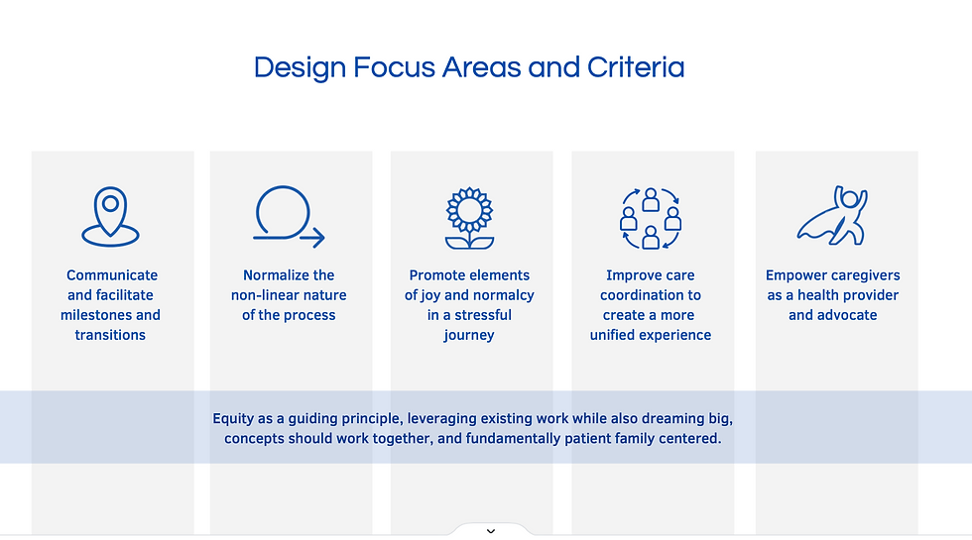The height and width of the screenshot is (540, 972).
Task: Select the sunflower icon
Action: tap(469, 218)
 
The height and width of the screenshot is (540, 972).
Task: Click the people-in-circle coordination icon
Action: tap(651, 219)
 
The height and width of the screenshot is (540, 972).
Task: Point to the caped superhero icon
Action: tap(832, 216)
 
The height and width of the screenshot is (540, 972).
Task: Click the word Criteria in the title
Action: tap(636, 67)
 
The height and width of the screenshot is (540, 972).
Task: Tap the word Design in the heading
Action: tap(300, 68)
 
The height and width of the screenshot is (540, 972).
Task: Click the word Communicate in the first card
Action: tap(112, 275)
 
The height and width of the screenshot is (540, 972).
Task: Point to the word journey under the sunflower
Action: tap(469, 336)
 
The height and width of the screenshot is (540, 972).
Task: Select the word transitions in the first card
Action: tap(110, 335)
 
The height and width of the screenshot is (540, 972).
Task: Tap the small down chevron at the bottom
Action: tap(491, 531)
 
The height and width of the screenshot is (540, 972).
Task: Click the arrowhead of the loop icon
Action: tap(316, 238)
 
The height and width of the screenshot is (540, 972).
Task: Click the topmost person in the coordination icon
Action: tap(651, 199)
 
